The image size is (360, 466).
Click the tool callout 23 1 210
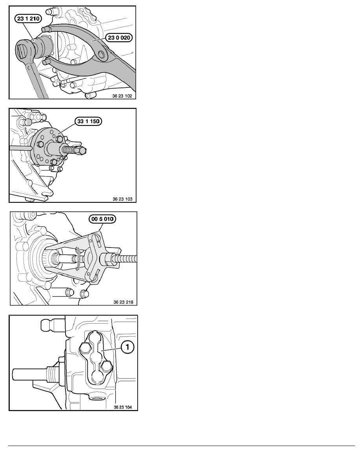pos(28,18)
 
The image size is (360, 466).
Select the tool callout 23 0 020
pos(119,37)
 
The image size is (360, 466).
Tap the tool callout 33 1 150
pos(88,121)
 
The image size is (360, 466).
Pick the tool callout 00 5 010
pos(102,219)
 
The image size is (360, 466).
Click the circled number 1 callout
pos(128,347)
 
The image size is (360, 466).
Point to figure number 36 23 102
pos(122,96)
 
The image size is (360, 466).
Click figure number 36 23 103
pos(122,199)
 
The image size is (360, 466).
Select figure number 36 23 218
pos(123,302)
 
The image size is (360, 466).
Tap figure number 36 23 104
pos(123,407)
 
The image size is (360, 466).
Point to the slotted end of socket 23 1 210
pos(23,50)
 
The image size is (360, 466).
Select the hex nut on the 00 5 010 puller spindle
pos(107,259)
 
